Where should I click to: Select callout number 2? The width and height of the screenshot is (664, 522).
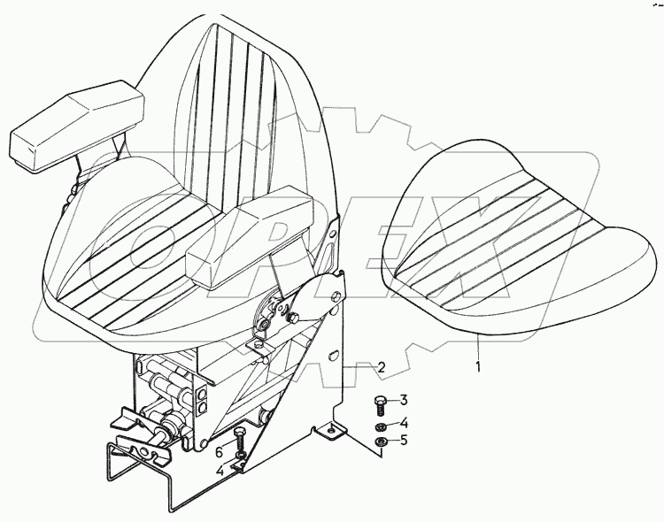(381, 366)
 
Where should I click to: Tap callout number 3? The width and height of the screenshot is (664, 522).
(403, 400)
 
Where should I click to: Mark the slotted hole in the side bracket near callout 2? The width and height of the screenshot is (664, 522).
(333, 355)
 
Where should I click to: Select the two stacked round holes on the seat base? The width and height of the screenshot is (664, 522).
(201, 398)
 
